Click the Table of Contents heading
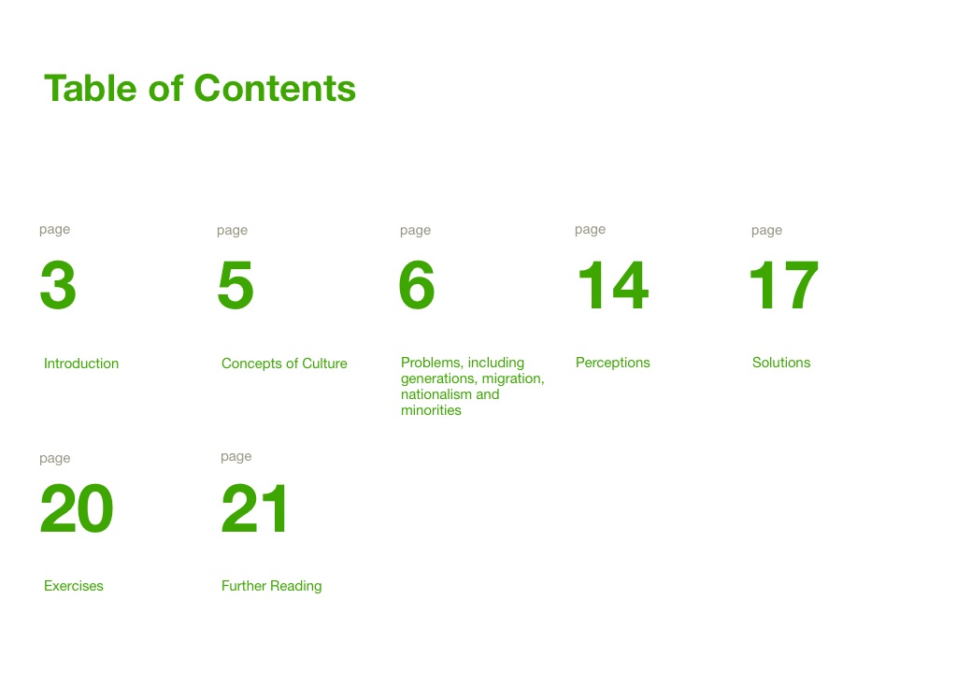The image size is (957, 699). pos(200,88)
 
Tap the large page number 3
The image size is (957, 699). pos(58,284)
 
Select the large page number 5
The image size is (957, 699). pos(236,284)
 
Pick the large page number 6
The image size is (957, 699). pos(416,284)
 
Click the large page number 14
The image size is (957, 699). pos(613,284)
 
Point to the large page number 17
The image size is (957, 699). pos(784,284)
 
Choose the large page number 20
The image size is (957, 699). pos(77,508)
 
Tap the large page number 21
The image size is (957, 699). pos(254,508)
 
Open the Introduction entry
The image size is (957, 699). pos(81,364)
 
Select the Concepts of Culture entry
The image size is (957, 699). pos(284,364)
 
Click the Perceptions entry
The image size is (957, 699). pos(613,363)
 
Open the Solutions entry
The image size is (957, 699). pos(781,363)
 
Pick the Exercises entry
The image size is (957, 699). pos(74,586)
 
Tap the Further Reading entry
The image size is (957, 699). pos(272,586)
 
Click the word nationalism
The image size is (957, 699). pos(436,394)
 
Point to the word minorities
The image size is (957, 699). pos(431,410)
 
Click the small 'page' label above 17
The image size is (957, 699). pos(766,231)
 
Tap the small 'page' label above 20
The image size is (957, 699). pos(55,459)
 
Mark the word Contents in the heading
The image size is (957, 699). pos(275,88)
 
